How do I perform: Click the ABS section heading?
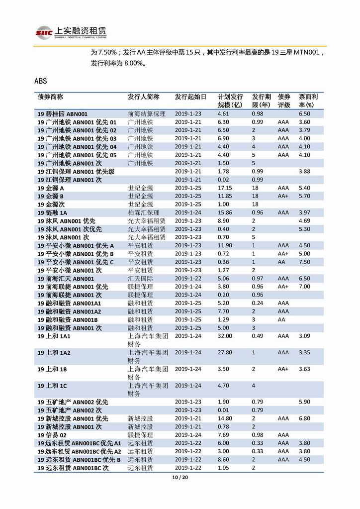[41, 81]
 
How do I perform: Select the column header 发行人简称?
[144, 97]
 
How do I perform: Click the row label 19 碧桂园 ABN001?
[66, 114]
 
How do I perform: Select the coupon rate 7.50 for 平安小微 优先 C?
[304, 262]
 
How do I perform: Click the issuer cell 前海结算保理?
[147, 114]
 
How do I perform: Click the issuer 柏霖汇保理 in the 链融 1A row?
[144, 212]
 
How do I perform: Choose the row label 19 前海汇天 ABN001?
[66, 279]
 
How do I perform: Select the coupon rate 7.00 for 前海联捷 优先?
[304, 287]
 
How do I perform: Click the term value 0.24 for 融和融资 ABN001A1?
[257, 303]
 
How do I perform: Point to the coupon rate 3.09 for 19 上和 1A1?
[304, 336]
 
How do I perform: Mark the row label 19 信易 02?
[52, 435]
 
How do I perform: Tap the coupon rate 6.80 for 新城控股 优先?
[304, 418]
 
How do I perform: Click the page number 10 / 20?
[180, 478]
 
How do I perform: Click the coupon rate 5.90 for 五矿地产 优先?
[304, 402]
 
